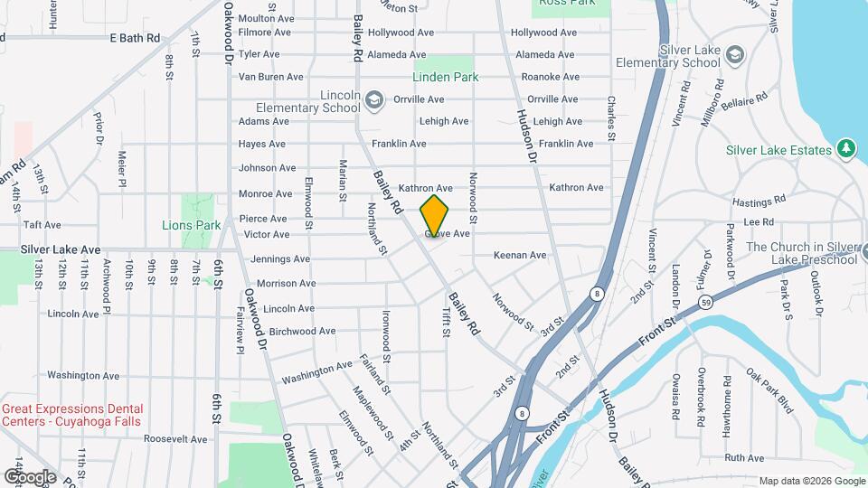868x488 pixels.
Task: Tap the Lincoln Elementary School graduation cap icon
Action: tap(373, 99)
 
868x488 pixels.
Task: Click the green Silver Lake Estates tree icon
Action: tap(846, 149)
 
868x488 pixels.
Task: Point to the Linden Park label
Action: tap(447, 77)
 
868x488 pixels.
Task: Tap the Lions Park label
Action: tap(192, 225)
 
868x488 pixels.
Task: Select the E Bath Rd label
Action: tap(135, 38)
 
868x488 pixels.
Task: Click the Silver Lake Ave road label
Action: tap(61, 249)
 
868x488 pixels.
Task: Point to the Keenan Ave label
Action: tap(520, 256)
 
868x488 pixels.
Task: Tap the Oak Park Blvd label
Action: tap(769, 389)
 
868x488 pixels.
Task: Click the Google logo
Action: tap(31, 476)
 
